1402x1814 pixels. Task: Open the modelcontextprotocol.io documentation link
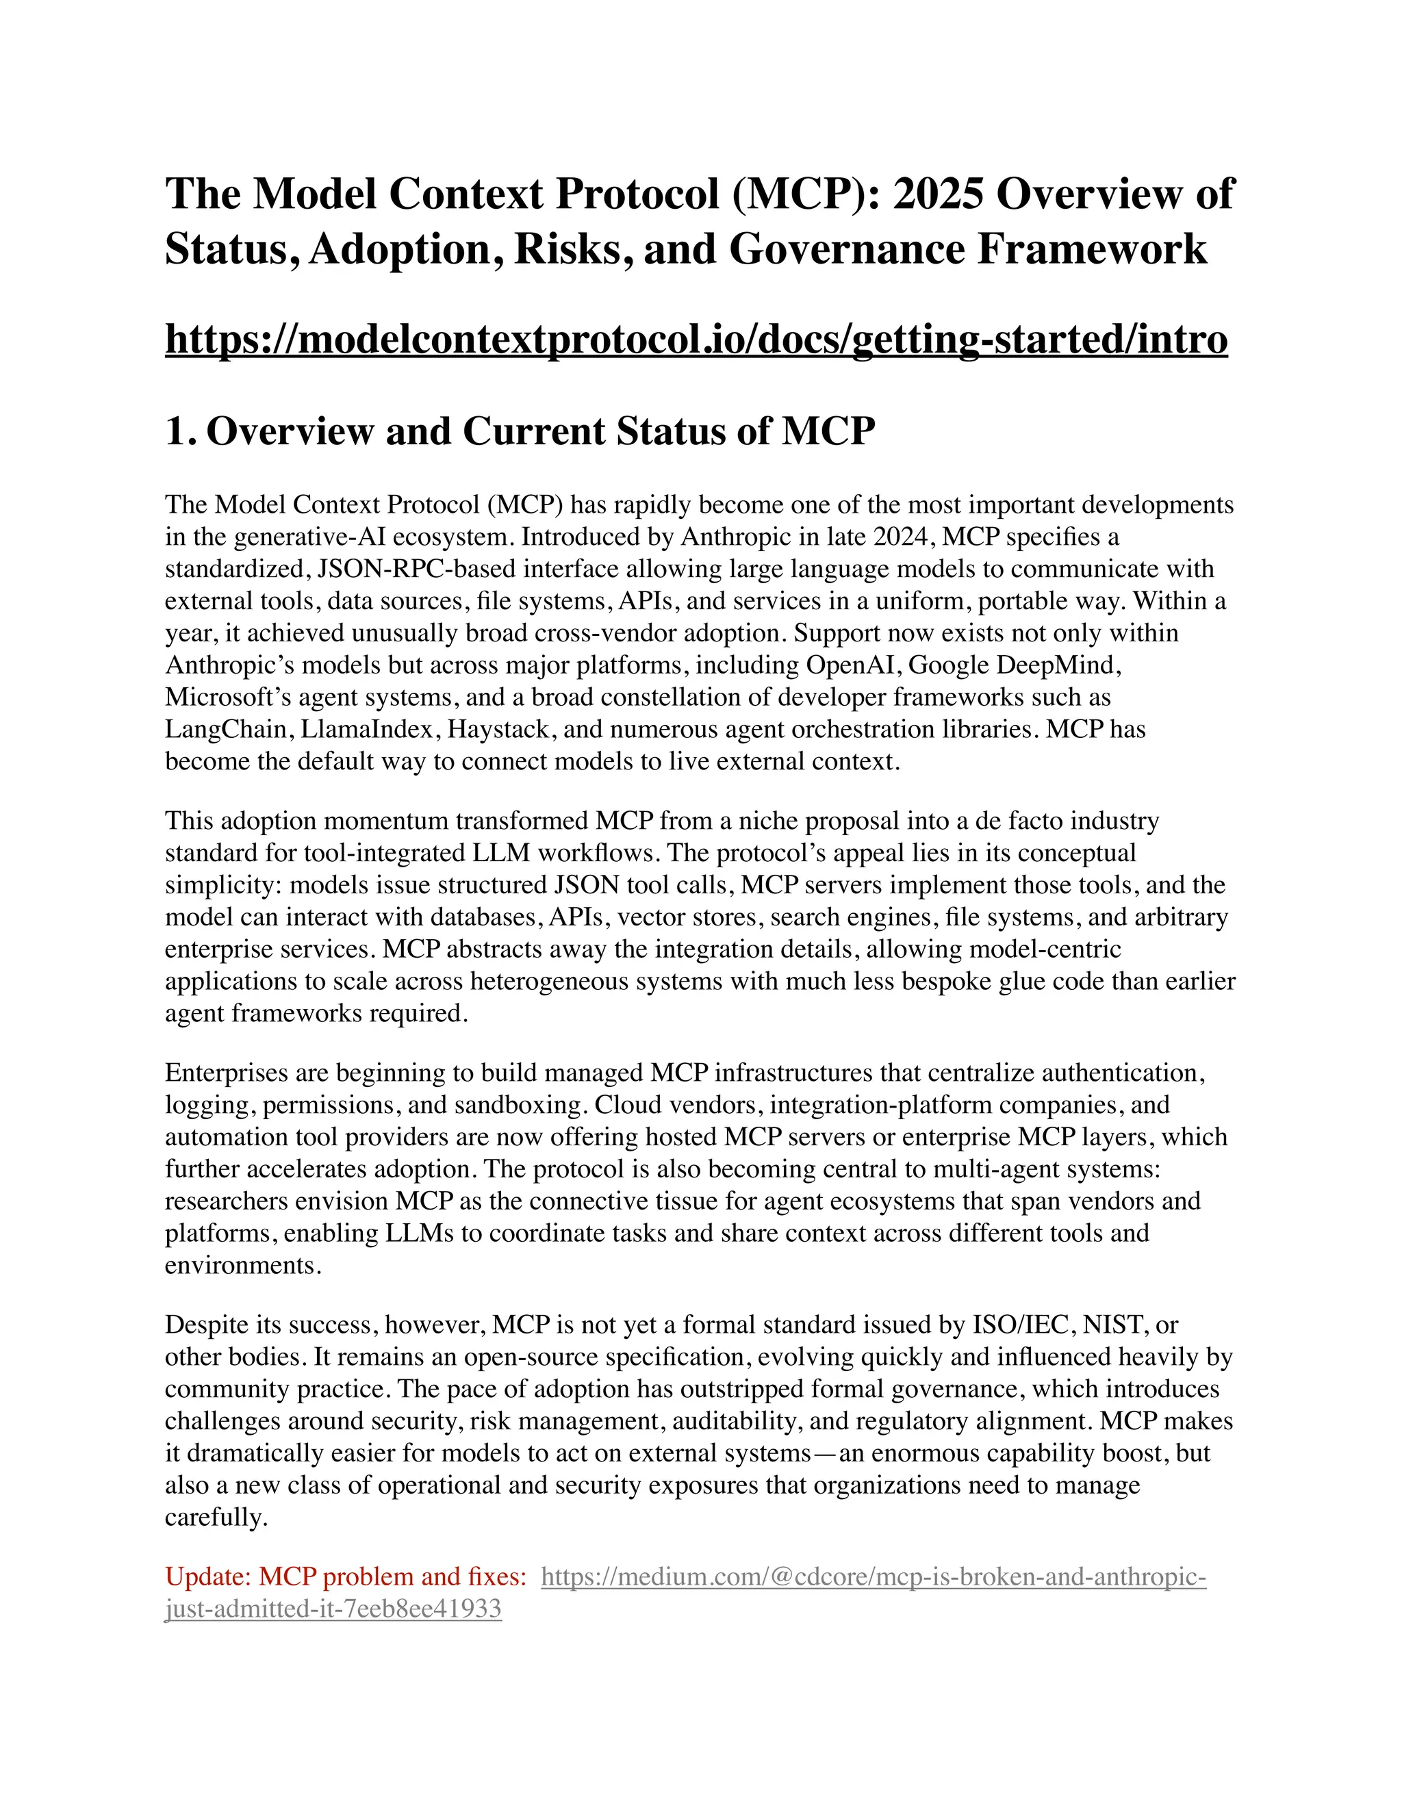click(696, 339)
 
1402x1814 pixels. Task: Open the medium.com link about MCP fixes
click(872, 1576)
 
